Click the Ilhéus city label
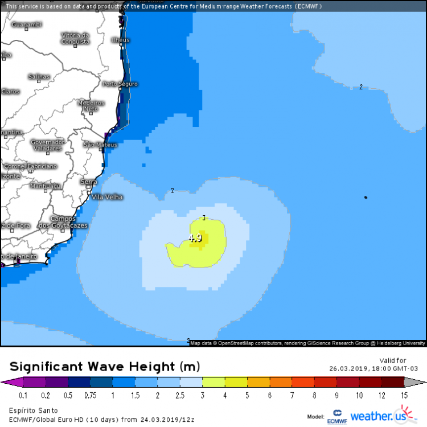coord(121,40)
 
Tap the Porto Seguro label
coord(120,84)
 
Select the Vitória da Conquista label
coord(76,38)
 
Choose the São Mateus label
coord(100,145)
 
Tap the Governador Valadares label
coord(47,145)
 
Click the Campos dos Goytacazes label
coord(63,222)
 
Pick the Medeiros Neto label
coord(91,105)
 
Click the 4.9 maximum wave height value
coord(195,239)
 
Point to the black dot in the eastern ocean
coord(366,198)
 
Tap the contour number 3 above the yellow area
coord(204,217)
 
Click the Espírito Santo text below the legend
coord(32,410)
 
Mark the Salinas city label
coord(39,77)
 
